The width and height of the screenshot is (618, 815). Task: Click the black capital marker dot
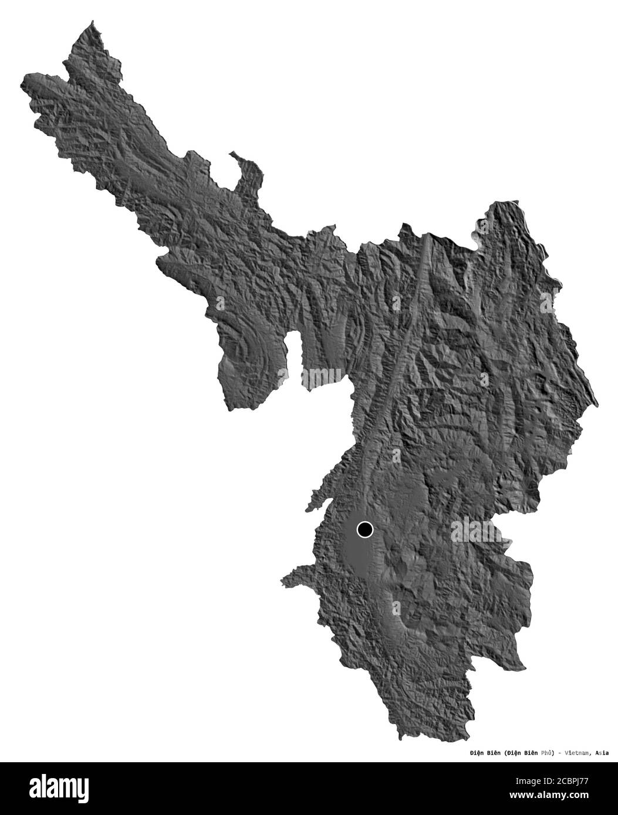point(364,530)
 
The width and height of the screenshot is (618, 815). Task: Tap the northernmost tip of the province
point(93,22)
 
